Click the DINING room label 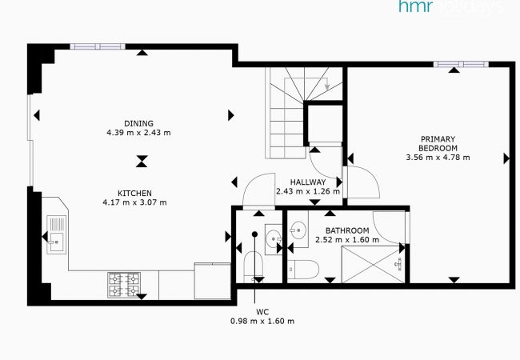tap(138, 123)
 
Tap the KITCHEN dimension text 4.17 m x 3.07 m tap(134, 202)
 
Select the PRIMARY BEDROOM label tap(438, 143)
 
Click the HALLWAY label tap(308, 182)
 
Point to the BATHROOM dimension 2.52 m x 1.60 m tap(347, 240)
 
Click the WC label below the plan tap(262, 312)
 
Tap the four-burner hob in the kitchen tap(124, 285)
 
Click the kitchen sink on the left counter tap(56, 234)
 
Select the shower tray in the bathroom tap(374, 265)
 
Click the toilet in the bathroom tap(303, 270)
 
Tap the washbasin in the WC tap(274, 239)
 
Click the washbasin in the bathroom tap(298, 230)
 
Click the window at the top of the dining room tap(98, 46)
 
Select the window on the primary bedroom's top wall tap(461, 64)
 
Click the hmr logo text tap(415, 6)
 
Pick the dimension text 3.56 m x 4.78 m tap(438, 157)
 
